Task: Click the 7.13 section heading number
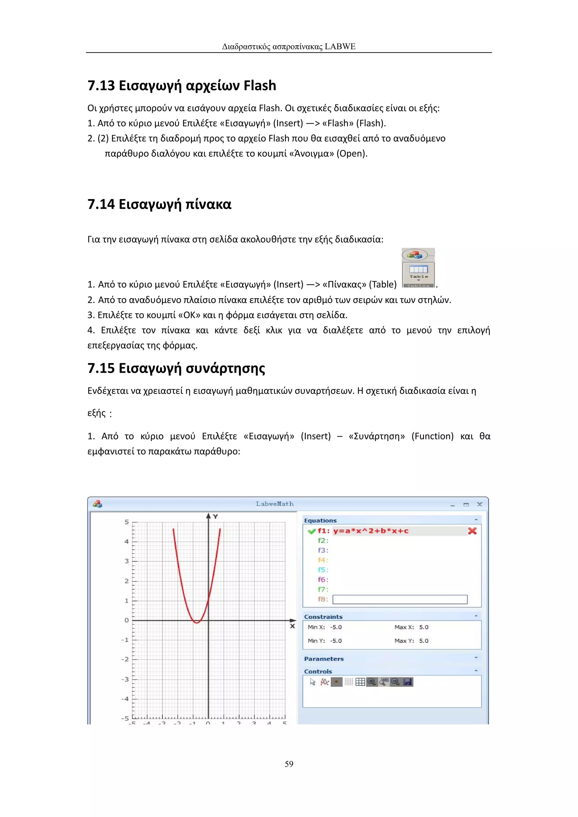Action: tap(101, 86)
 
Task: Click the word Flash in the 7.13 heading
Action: tap(260, 86)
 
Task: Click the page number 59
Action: tap(289, 764)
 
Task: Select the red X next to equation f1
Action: tap(472, 531)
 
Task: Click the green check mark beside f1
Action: tap(312, 531)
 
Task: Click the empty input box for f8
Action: tap(400, 599)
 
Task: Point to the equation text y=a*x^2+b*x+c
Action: tap(371, 531)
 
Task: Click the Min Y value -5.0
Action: tap(336, 641)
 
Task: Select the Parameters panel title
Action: tap(324, 659)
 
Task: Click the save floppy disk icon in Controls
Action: tap(408, 682)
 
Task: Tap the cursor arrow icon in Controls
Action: tap(312, 682)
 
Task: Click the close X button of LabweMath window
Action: tap(480, 504)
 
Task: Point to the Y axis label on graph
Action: tap(215, 516)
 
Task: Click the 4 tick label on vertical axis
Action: tap(126, 542)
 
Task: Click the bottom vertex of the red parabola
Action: tap(197, 622)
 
